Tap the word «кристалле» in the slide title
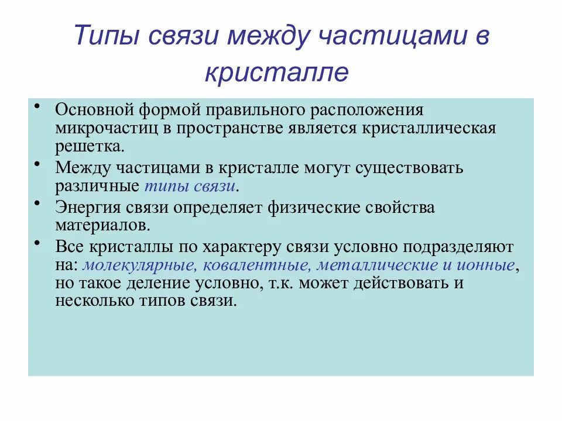coord(277,73)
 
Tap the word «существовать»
coord(407,168)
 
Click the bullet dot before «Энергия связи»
coord(37,203)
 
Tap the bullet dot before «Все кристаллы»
coord(37,241)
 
